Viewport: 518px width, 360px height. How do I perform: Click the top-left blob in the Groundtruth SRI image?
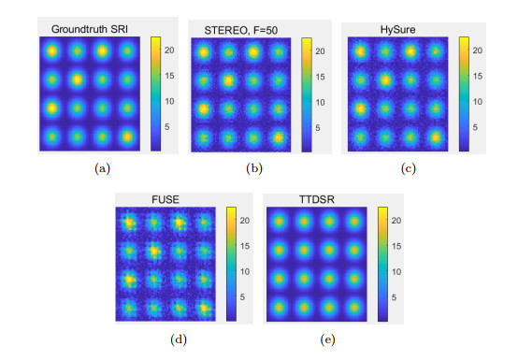52,52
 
